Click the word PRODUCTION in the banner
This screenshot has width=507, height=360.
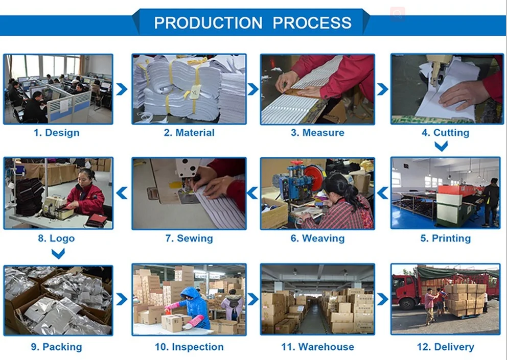click(208, 23)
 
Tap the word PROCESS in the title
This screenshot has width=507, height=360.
click(312, 23)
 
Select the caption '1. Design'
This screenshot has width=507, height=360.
click(57, 132)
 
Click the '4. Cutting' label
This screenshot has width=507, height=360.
click(446, 132)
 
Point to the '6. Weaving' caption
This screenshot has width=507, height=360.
click(317, 238)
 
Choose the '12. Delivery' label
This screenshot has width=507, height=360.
click(446, 347)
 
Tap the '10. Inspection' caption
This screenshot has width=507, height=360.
click(189, 347)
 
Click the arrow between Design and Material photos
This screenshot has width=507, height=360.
click(122, 89)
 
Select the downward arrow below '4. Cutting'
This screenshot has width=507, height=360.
click(441, 146)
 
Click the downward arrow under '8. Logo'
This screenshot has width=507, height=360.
click(58, 254)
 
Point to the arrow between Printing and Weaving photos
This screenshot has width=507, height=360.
click(383, 193)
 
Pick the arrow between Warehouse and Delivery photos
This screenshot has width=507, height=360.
click(382, 299)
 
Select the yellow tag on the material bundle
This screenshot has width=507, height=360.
click(195, 92)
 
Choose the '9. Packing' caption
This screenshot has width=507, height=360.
click(57, 347)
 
